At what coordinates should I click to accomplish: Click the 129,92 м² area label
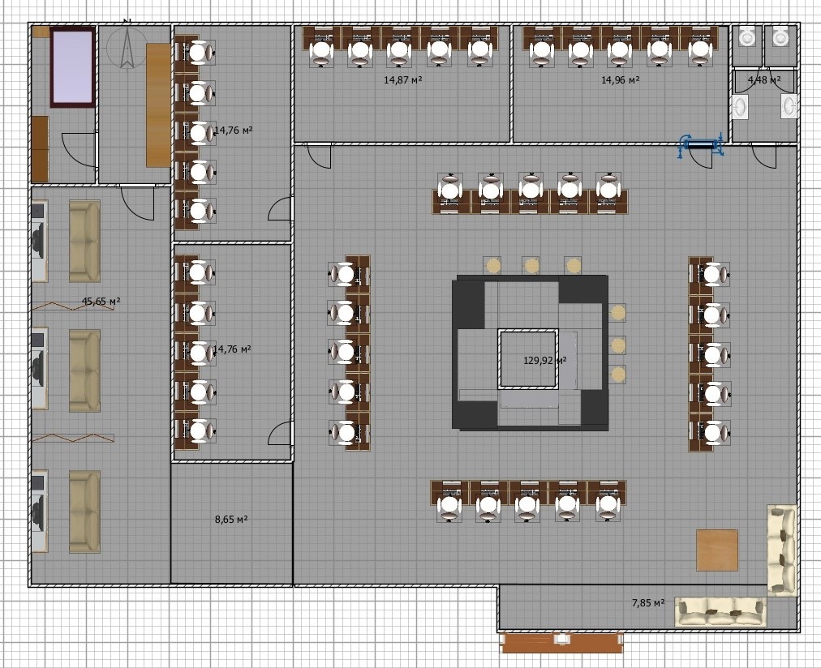544,361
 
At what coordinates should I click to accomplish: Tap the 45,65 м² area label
101,302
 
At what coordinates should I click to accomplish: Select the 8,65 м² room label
231,520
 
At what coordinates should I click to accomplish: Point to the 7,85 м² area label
648,603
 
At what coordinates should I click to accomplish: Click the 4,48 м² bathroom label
764,80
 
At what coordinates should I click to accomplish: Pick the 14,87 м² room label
402,80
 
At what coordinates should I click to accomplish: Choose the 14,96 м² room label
621,80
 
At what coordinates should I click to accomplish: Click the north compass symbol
127,46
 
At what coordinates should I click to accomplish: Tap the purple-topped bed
73,67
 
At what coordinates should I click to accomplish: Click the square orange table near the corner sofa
717,550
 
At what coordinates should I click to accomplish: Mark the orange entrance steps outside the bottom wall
562,642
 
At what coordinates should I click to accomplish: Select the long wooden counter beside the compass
158,105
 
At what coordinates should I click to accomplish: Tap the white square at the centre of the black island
528,359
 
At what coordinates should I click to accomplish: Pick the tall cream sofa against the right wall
782,550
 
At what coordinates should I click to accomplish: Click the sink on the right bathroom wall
789,106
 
